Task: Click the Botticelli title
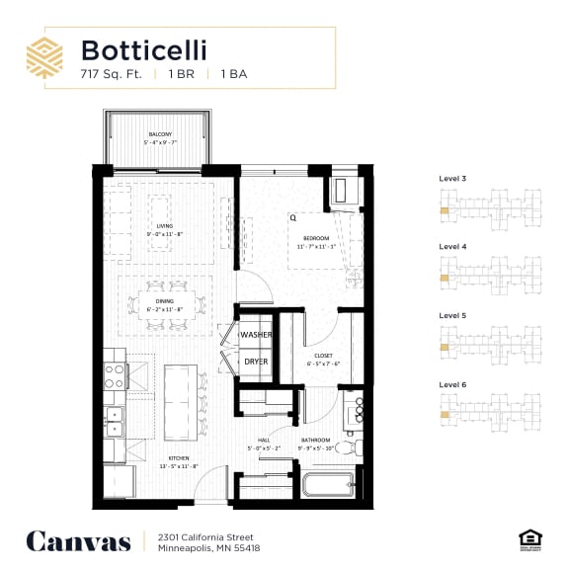tap(144, 49)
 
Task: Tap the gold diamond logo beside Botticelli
tap(45, 57)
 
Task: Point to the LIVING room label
tap(164, 226)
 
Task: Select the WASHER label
tap(256, 335)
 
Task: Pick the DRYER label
tap(256, 361)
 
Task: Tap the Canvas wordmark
tap(78, 540)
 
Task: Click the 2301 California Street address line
tap(202, 535)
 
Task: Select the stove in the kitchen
tap(116, 376)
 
